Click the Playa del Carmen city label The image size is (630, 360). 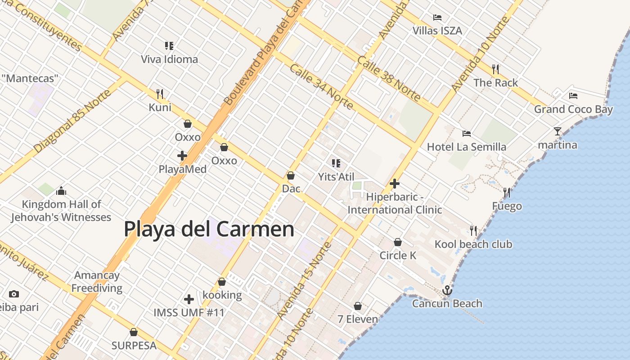click(x=209, y=229)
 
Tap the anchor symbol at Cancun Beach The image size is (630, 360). click(x=447, y=290)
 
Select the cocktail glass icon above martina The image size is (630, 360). click(x=558, y=131)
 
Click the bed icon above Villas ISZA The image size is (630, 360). click(x=437, y=18)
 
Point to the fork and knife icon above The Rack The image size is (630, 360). click(x=495, y=69)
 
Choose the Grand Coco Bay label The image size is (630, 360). click(x=573, y=109)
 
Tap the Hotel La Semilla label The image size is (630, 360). click(x=466, y=147)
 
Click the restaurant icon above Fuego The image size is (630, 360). click(x=507, y=193)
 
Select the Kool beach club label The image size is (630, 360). click(x=473, y=244)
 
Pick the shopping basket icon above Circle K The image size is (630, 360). click(x=398, y=242)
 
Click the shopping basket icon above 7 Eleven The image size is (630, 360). click(x=358, y=306)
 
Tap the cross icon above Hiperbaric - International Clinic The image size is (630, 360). click(x=395, y=184)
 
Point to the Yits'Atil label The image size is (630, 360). click(x=336, y=177)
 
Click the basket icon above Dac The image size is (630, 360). click(x=291, y=175)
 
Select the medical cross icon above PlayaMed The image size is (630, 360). click(x=182, y=156)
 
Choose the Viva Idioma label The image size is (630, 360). click(x=169, y=59)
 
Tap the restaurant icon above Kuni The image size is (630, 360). click(x=160, y=94)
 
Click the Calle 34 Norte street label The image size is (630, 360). click(x=321, y=87)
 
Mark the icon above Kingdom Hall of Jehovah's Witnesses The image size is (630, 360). click(x=61, y=191)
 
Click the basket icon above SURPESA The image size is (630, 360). click(x=134, y=333)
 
